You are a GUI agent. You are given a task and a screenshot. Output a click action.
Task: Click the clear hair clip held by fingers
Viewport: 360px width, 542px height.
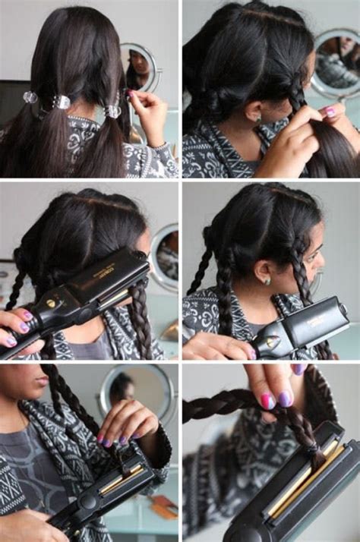pos(113,111)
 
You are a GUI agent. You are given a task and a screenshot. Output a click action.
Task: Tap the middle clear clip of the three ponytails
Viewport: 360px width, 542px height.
pos(62,102)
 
